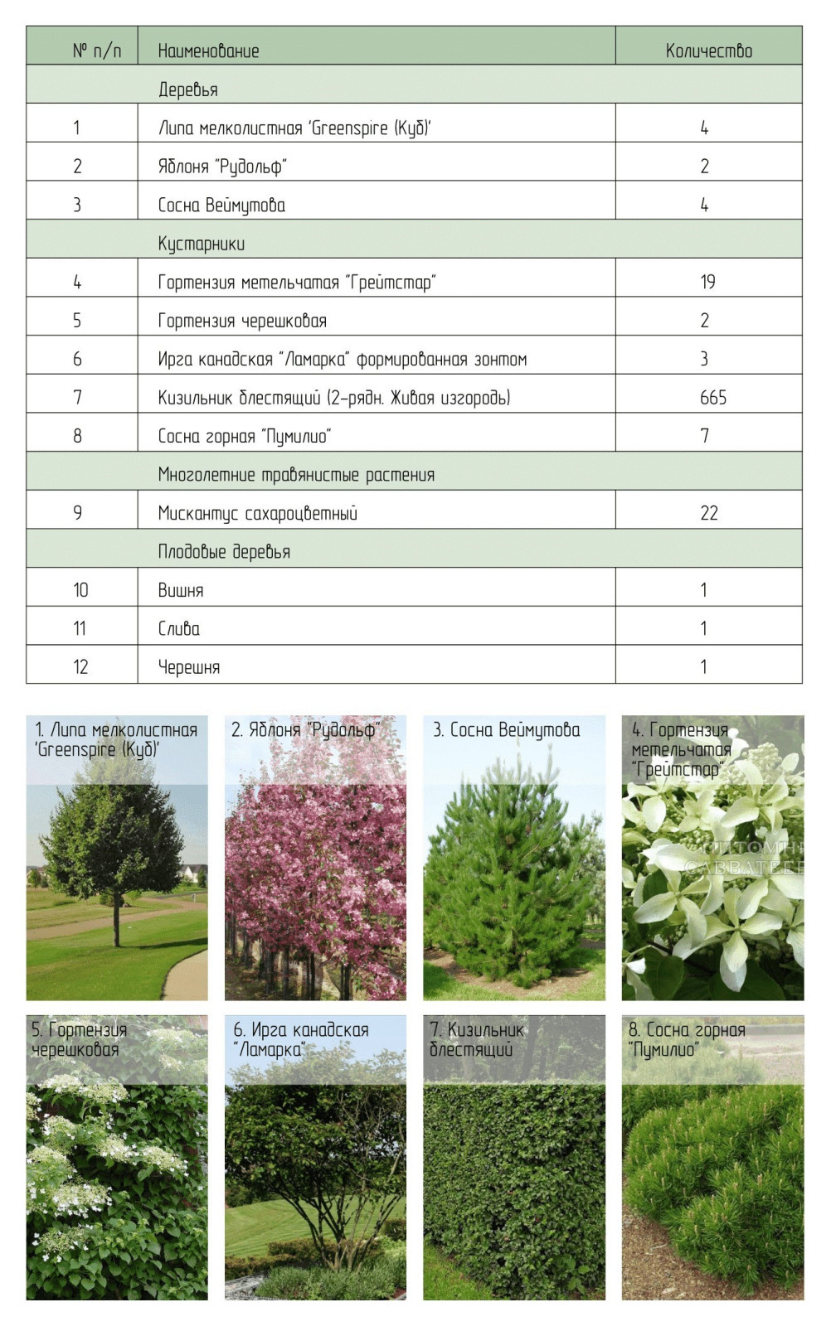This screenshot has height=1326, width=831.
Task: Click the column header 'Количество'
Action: point(708,51)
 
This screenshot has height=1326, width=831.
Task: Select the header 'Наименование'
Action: point(208,51)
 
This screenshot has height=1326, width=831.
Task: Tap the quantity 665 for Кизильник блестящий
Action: point(712,398)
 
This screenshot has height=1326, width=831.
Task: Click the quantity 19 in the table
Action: point(707,282)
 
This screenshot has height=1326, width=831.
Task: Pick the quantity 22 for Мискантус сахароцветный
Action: point(708,513)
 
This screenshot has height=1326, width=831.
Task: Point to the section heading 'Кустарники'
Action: point(201,244)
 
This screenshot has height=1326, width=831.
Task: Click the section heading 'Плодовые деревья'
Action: point(224,552)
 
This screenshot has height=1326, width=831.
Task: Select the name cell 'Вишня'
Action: point(181,590)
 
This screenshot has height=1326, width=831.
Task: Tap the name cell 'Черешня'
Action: point(189,667)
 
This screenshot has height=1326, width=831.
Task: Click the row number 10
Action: point(80,590)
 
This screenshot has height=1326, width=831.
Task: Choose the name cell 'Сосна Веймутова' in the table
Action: point(221,206)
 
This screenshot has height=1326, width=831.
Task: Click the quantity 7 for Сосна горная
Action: point(705,436)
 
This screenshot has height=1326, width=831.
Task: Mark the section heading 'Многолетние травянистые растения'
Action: point(296,475)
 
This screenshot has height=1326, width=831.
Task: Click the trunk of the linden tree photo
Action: point(116,920)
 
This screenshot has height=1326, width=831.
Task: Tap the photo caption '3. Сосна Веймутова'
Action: point(506,730)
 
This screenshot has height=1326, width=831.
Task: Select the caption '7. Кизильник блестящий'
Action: point(477,1039)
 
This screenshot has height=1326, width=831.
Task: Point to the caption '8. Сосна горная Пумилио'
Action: point(686,1039)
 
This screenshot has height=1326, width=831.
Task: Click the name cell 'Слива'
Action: point(179,629)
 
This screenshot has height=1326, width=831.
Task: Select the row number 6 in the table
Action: point(77,359)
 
